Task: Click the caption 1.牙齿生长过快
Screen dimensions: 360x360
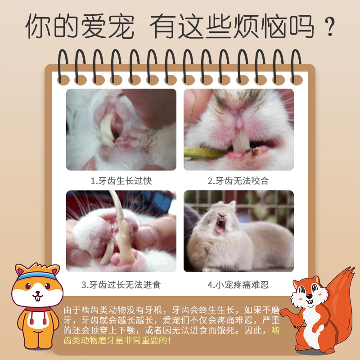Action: coord(121,181)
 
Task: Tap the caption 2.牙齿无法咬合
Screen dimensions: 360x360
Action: coord(238,181)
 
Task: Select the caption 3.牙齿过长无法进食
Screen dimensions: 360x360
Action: coord(121,285)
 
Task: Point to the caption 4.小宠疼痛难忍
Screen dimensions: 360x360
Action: coord(238,285)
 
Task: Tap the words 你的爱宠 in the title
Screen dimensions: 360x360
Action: coord(80,27)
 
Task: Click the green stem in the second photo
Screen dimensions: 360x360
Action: coord(202,153)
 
